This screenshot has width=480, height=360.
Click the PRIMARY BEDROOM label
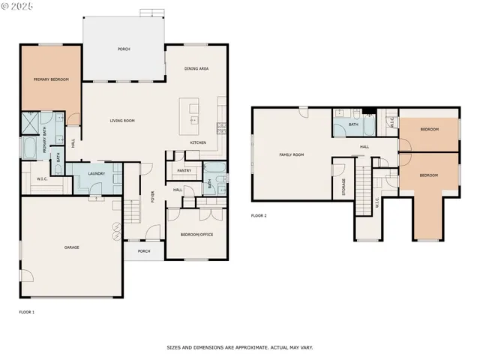coord(49,79)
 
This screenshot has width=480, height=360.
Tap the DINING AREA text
coord(196,68)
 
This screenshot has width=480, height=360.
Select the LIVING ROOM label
coord(122,120)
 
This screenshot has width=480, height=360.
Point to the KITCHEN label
coord(198,142)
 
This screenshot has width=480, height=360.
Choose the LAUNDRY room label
coord(96,174)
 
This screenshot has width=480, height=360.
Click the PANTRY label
coord(184,170)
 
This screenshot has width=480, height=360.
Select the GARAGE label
coord(71,247)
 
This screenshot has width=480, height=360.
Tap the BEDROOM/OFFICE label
coord(197,235)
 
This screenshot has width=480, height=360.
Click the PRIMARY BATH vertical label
coord(45,143)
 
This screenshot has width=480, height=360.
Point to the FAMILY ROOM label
coord(292,154)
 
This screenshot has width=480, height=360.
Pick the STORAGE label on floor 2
coord(344,185)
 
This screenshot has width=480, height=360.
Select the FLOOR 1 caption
coord(27,311)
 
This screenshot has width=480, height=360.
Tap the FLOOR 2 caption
coord(259,216)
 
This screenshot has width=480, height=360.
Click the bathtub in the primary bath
coord(28,148)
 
